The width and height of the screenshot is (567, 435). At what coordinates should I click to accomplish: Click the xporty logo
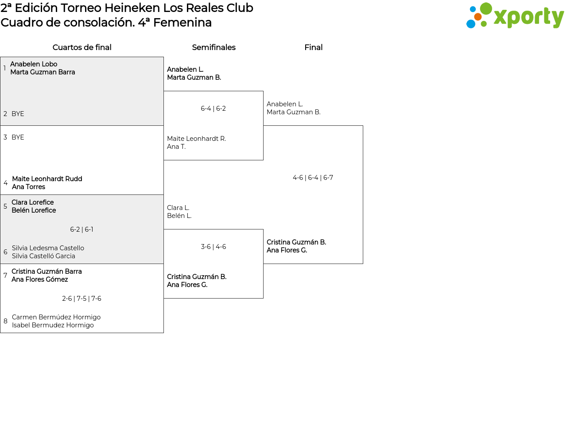click(515, 16)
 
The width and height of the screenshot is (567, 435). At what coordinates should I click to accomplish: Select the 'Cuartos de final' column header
click(82, 47)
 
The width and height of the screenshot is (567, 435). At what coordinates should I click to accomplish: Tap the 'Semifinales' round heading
click(214, 47)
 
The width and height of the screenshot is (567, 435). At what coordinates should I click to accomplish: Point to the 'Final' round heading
click(313, 47)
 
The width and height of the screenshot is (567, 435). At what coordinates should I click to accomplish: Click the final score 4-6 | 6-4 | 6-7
click(313, 178)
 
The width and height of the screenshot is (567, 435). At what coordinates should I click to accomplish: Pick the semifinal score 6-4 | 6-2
click(213, 109)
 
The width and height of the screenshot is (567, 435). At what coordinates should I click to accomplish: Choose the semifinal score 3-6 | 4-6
click(213, 247)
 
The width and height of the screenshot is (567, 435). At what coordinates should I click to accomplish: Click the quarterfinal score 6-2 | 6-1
click(82, 229)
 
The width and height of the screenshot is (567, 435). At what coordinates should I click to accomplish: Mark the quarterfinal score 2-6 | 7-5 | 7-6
click(82, 299)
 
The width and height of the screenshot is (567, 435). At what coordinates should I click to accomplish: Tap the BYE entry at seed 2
click(18, 114)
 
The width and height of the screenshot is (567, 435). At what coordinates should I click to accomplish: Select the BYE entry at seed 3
click(18, 137)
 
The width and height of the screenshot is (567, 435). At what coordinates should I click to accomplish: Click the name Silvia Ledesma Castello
click(48, 248)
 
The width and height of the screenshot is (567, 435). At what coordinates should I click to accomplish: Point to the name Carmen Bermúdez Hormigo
click(56, 317)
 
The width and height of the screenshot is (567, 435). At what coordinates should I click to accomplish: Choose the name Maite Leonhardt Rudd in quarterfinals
click(47, 179)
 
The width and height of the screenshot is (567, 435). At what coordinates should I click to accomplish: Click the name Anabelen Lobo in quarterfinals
click(34, 64)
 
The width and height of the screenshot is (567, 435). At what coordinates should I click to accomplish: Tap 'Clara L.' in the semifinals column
click(178, 208)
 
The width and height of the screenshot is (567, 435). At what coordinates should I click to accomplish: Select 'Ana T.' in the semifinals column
click(176, 147)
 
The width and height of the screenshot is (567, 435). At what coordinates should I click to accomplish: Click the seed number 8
click(5, 321)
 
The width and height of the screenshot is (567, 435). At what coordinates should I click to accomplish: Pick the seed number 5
click(5, 206)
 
